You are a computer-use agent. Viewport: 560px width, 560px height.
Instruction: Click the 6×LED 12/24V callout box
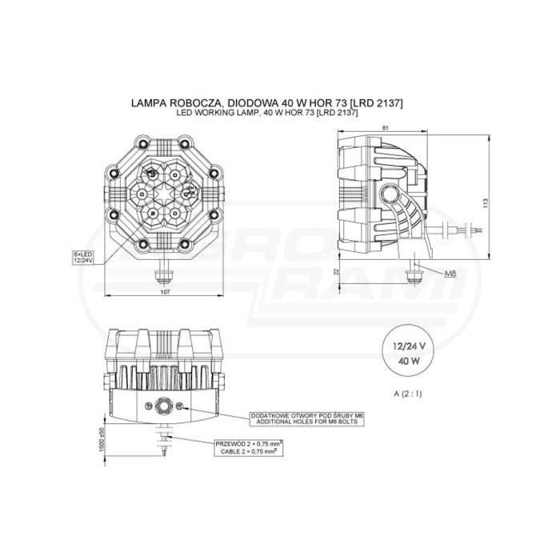(x=82, y=255)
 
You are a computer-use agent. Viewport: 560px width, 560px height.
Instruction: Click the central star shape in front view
(x=166, y=193)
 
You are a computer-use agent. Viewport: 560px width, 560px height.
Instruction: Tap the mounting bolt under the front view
(x=166, y=274)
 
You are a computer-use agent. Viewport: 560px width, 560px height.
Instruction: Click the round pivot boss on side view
(x=392, y=194)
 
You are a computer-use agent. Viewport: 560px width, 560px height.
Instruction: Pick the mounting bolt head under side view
(x=415, y=274)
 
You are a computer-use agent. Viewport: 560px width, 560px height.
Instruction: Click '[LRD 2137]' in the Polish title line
(x=377, y=104)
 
